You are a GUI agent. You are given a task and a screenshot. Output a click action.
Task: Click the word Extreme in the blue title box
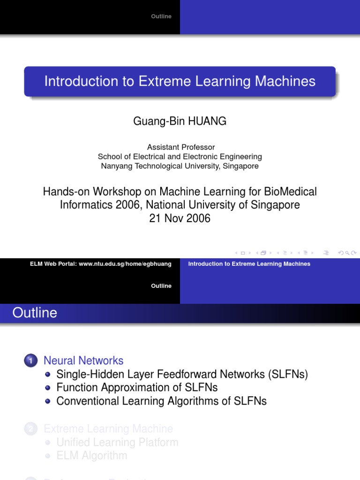point(158,81)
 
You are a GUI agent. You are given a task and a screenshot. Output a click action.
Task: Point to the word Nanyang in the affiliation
point(115,166)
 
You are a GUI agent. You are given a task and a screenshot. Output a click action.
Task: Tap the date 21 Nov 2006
point(180,218)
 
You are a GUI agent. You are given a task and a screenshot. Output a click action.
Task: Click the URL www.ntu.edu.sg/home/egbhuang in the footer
point(125,264)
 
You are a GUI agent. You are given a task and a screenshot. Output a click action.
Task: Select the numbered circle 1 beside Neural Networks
point(31,361)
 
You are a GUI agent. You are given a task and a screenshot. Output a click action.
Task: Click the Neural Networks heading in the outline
point(83,360)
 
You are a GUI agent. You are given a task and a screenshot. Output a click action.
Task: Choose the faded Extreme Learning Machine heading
point(108,428)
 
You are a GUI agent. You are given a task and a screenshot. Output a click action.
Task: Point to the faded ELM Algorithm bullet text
point(91,456)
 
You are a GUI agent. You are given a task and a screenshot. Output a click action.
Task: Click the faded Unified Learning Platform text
point(117,442)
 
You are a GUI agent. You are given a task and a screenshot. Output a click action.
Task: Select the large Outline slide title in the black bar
point(35,313)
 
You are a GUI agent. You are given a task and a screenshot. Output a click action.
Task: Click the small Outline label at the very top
point(161,16)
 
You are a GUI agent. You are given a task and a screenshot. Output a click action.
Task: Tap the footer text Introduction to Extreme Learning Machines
point(249,264)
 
